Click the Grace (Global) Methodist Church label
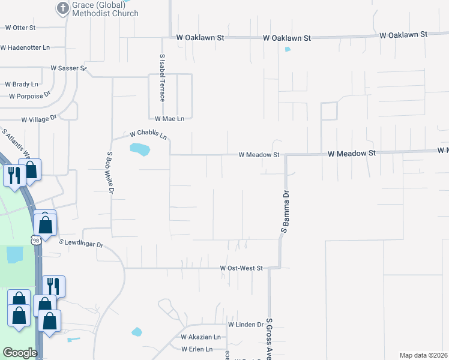click(x=105, y=9)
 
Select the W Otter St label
click(x=21, y=28)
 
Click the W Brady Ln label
click(x=22, y=85)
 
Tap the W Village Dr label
click(x=38, y=119)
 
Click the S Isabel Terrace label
click(x=162, y=78)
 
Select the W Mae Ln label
click(x=169, y=119)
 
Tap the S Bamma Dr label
click(x=286, y=212)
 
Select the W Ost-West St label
click(x=241, y=268)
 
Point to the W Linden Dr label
click(x=246, y=325)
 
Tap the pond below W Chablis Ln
click(x=139, y=149)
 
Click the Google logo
click(x=20, y=353)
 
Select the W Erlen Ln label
click(x=197, y=349)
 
